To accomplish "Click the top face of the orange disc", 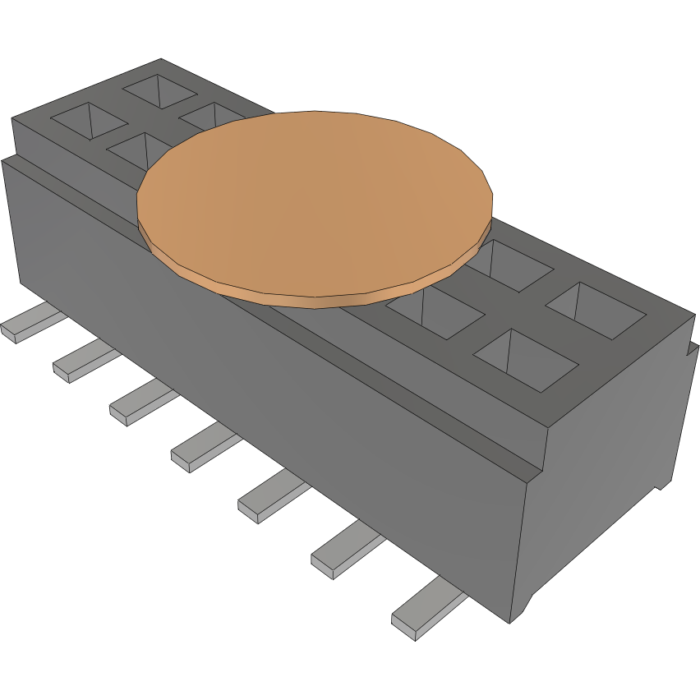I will pyautogui.click(x=312, y=201).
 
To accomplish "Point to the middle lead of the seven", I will pyautogui.click(x=204, y=449).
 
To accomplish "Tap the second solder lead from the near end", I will pyautogui.click(x=345, y=551).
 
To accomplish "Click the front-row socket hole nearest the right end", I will pyautogui.click(x=526, y=360).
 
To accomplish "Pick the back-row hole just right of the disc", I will pyautogui.click(x=513, y=263).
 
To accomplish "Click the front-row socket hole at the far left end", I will pyautogui.click(x=85, y=119).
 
